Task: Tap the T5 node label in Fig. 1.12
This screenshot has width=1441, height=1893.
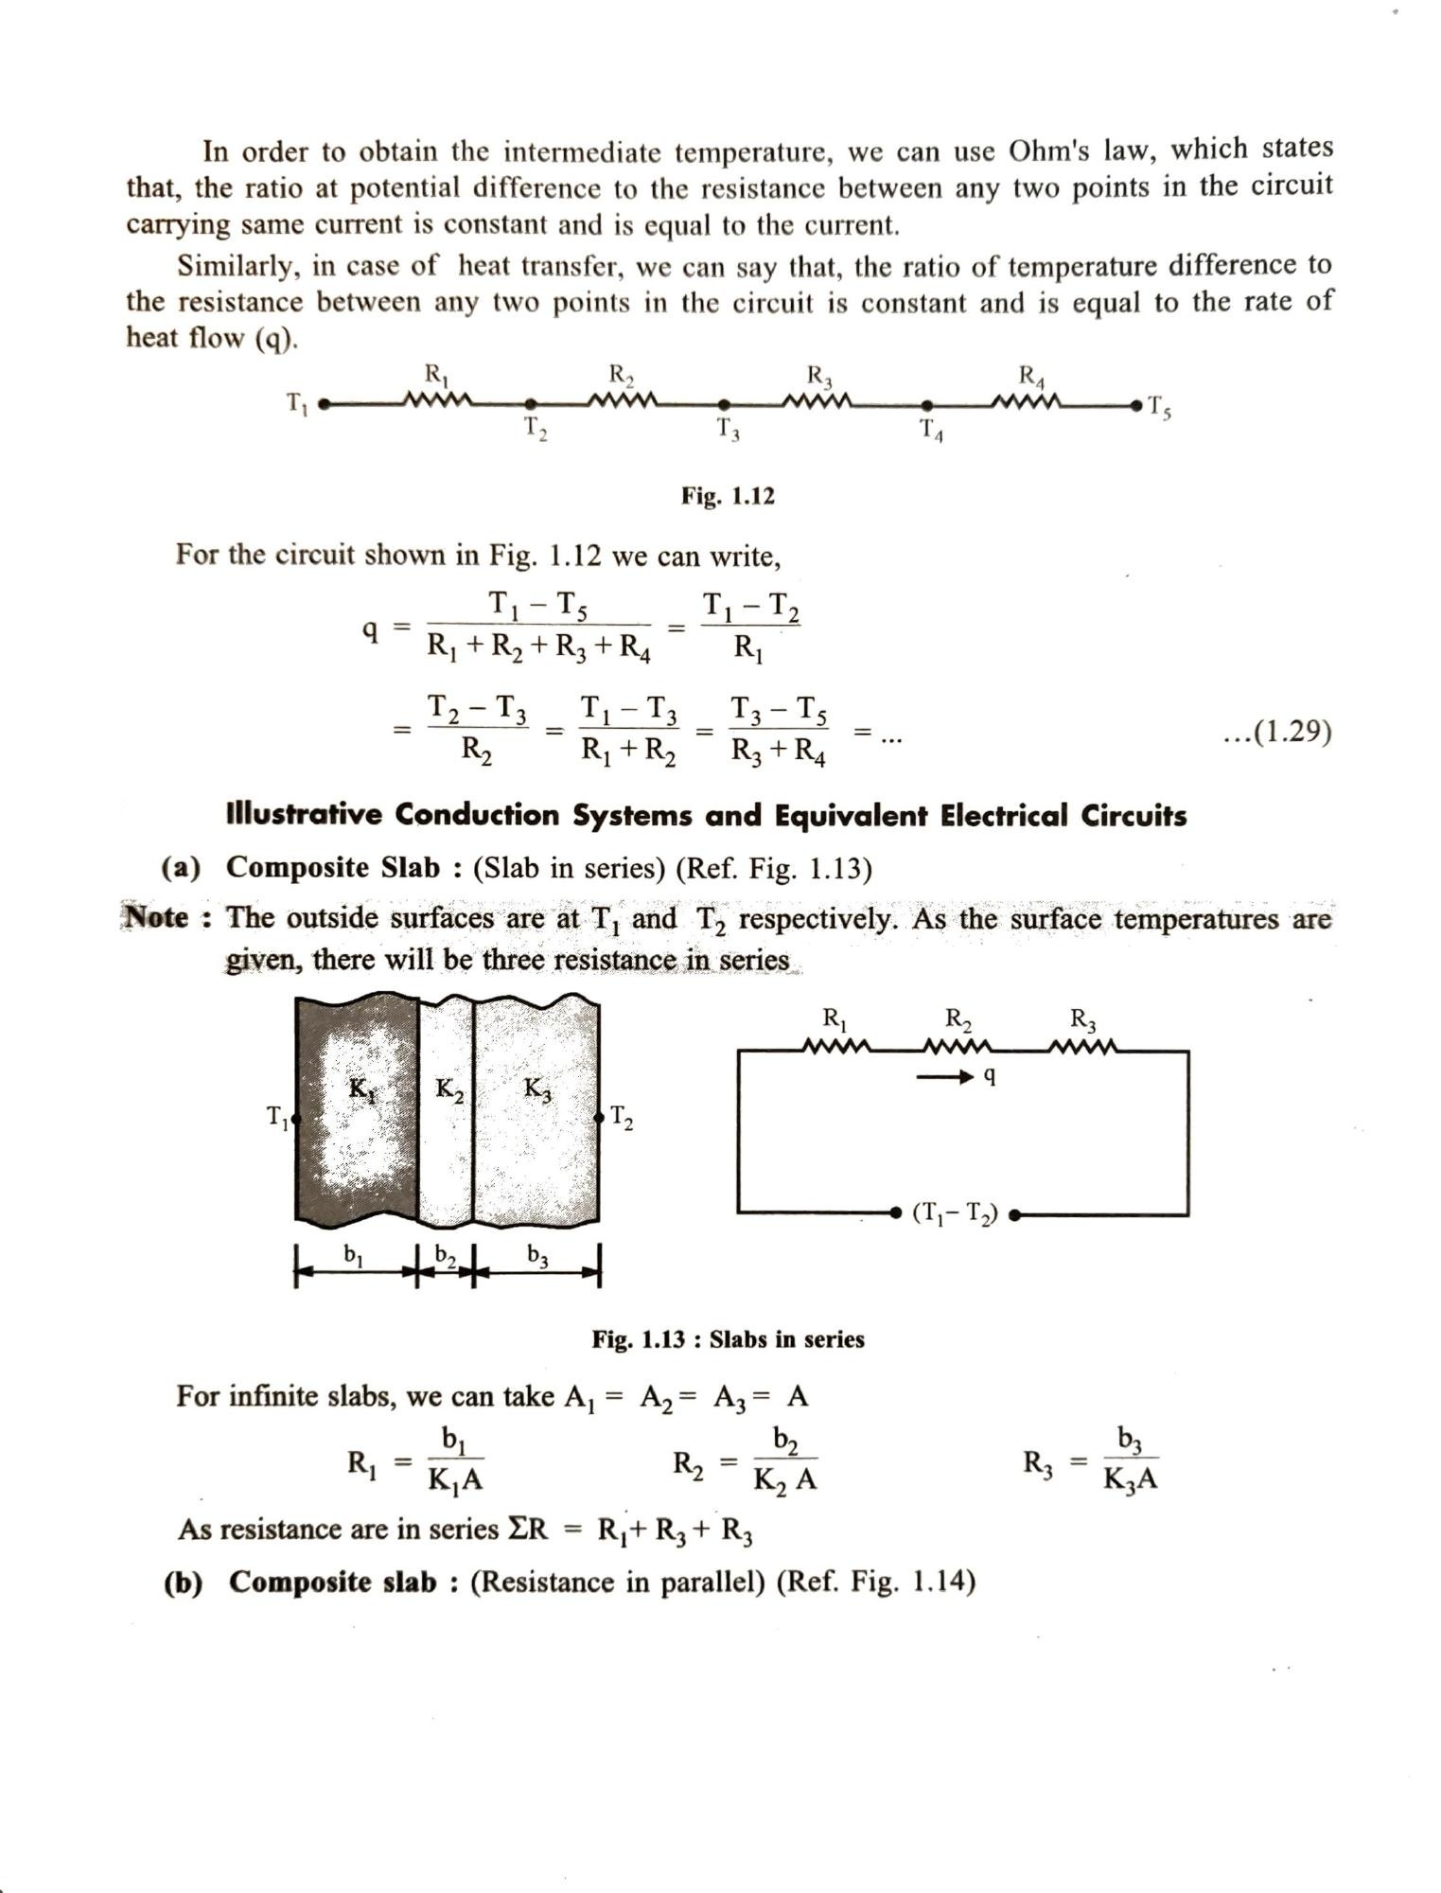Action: tap(1159, 408)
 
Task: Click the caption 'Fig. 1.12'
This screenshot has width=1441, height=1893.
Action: tap(728, 496)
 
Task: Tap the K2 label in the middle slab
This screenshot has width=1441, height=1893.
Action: tap(449, 1089)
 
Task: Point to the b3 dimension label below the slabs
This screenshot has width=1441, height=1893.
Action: tap(537, 1255)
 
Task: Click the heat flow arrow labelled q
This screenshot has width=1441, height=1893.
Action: tap(956, 1077)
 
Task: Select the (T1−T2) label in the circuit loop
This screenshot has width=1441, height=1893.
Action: tap(955, 1213)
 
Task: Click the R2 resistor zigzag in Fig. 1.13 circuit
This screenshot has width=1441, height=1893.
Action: tap(957, 1047)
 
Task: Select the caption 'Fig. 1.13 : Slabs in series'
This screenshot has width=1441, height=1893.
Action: tap(728, 1339)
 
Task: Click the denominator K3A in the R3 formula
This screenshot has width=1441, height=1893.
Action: tap(1130, 1480)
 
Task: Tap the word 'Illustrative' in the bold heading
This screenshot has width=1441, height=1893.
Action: tap(304, 814)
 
